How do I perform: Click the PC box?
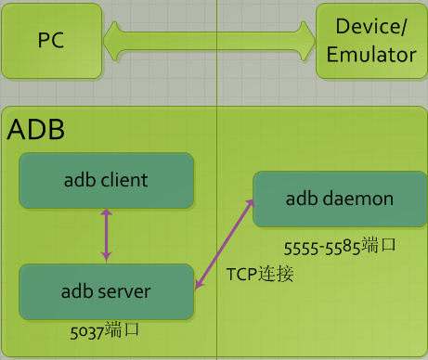50,41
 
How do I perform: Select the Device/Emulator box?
370,41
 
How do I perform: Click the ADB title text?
36,130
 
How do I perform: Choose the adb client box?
106,180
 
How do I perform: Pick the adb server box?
106,291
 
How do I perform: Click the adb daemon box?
339,199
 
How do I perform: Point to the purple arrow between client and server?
106,236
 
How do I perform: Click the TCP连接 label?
259,275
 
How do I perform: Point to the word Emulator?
370,55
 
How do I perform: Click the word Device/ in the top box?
370,28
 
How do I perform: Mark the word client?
124,180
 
